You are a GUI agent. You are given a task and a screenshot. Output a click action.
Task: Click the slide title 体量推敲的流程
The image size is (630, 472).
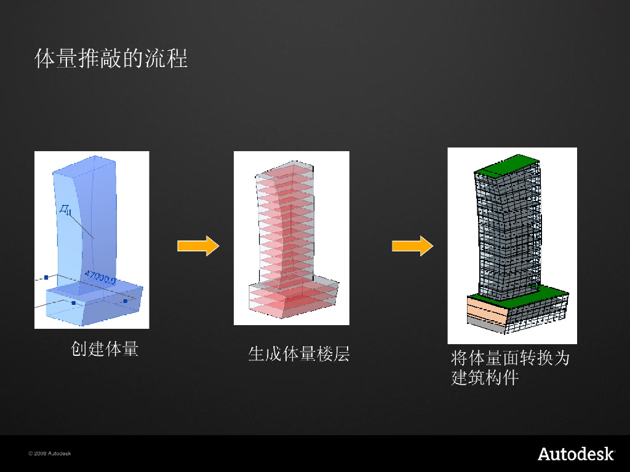(111, 59)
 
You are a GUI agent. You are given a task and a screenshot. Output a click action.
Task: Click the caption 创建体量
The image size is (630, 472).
(105, 349)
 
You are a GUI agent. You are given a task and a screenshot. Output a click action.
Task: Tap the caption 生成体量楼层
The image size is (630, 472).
(298, 353)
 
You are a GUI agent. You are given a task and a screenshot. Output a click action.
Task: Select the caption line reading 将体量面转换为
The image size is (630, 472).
(510, 358)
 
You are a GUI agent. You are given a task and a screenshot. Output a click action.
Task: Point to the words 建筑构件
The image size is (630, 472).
(485, 377)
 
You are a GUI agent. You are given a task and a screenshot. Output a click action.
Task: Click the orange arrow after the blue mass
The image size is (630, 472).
(198, 246)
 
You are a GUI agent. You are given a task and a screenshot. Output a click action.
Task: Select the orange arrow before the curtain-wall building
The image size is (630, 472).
(412, 246)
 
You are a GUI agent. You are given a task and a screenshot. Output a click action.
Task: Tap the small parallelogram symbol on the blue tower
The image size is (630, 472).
(65, 211)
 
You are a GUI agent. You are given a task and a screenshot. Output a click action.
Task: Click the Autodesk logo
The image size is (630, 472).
(576, 454)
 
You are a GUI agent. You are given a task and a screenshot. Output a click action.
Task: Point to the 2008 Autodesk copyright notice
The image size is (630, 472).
(50, 454)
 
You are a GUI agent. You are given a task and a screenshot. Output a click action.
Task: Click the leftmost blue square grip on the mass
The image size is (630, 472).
(46, 278)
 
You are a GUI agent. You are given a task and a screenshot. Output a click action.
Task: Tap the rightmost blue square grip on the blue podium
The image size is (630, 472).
(125, 301)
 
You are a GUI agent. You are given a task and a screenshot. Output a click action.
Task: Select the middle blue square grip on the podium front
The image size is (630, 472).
(74, 303)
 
